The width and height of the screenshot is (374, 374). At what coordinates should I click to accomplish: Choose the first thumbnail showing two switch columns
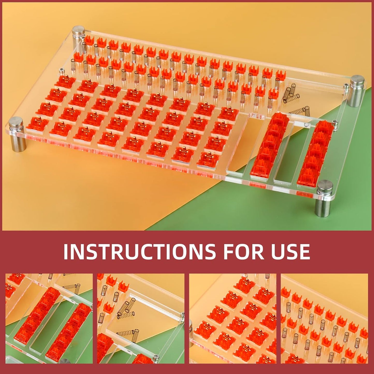[49, 318]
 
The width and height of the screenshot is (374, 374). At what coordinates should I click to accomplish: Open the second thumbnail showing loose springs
[141, 318]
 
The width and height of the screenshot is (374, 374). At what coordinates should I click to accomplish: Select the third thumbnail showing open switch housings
[233, 318]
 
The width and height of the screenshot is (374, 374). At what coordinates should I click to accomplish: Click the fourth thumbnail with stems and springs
[324, 318]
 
